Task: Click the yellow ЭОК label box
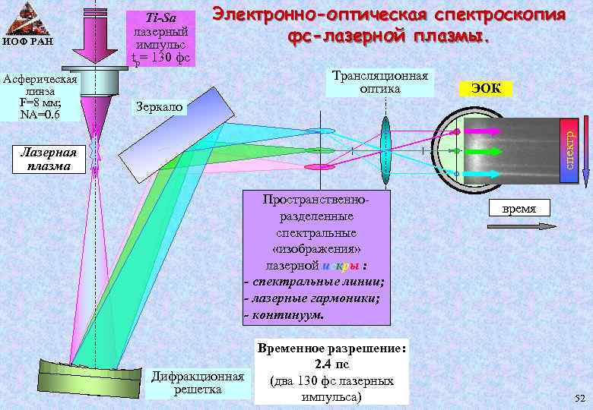click(x=486, y=88)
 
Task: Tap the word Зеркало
click(x=158, y=107)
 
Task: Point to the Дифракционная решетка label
click(x=198, y=383)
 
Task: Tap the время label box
click(x=523, y=208)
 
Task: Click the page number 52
click(x=580, y=399)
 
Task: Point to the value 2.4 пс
click(x=331, y=364)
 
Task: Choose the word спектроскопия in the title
click(x=499, y=15)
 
